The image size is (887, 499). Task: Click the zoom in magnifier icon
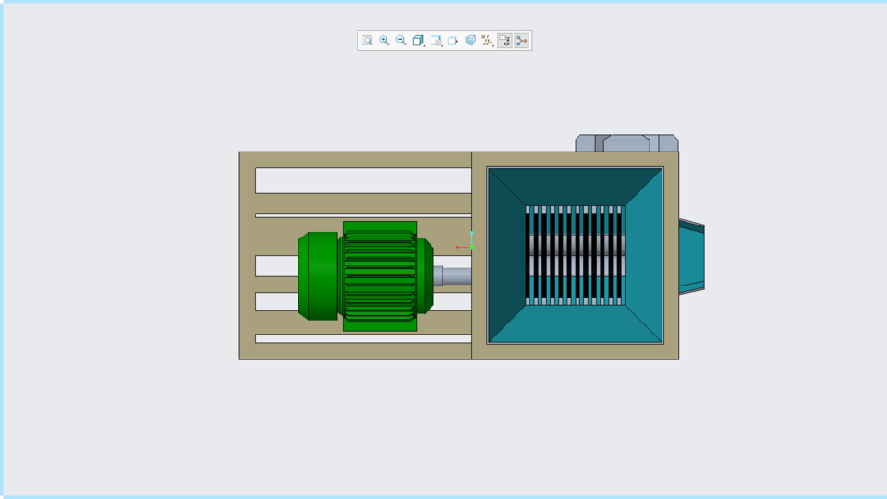pos(384,41)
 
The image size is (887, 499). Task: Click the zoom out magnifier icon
pos(401,41)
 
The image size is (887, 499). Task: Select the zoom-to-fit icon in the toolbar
pos(367,41)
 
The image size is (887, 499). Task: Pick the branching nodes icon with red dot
pos(522,41)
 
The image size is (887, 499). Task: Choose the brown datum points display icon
pos(487,41)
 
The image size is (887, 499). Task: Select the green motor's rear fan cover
pos(317,276)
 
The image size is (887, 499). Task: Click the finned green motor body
pos(379,275)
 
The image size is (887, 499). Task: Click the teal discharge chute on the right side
pos(691,257)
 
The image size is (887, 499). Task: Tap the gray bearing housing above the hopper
pos(626,143)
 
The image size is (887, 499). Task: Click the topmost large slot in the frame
pos(362,180)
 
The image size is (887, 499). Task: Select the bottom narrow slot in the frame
pos(362,338)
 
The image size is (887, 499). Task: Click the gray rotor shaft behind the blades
pos(575,245)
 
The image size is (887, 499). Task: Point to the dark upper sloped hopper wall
pos(575,186)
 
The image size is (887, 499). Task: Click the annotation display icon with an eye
pos(504,41)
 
